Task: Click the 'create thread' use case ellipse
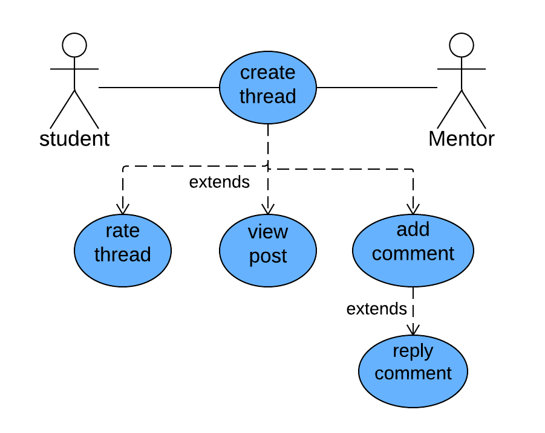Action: [x=267, y=87]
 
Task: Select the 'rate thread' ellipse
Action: [x=123, y=250]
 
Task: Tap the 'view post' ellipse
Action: [x=267, y=250]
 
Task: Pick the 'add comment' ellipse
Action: [x=413, y=250]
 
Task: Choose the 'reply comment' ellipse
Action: [x=413, y=371]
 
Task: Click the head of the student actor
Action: [x=74, y=45]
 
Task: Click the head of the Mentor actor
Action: [x=461, y=45]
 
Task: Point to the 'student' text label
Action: [x=74, y=139]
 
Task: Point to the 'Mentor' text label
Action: [x=461, y=139]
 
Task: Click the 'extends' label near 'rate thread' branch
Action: [x=219, y=182]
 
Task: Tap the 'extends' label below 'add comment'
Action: [x=376, y=309]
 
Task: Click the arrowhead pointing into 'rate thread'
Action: [x=123, y=208]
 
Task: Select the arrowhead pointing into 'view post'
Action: [x=267, y=208]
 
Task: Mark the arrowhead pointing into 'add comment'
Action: [x=413, y=208]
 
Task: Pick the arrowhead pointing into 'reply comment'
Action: [x=413, y=329]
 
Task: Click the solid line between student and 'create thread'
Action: [x=158, y=88]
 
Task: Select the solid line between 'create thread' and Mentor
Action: [x=376, y=88]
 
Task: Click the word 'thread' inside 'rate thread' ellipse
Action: [x=123, y=255]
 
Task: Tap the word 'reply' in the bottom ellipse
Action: [x=413, y=351]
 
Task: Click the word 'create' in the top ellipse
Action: [x=267, y=73]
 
